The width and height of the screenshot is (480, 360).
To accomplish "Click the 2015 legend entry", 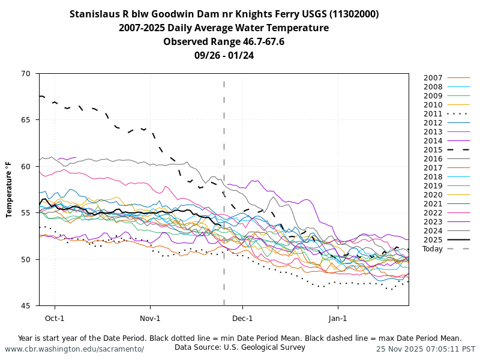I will [x=433, y=150].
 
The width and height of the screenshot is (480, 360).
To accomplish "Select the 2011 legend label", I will [x=433, y=114].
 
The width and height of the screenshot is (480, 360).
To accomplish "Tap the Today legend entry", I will [x=432, y=249].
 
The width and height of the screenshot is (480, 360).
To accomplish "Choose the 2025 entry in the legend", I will [x=433, y=240].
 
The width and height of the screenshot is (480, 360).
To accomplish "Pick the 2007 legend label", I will [x=433, y=78].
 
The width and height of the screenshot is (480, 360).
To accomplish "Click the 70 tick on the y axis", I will [x=25, y=74].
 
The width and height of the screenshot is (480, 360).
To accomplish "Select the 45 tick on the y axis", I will [x=25, y=306].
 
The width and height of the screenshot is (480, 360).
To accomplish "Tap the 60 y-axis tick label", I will [x=25, y=167].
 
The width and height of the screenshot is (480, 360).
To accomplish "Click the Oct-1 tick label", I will [x=55, y=318].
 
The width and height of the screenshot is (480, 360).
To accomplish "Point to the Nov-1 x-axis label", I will [x=150, y=318].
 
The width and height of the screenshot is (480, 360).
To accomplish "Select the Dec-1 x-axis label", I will [x=242, y=318].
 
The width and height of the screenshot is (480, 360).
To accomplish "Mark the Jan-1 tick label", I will [x=338, y=318].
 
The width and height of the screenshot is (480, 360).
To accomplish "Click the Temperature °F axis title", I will [x=10, y=190].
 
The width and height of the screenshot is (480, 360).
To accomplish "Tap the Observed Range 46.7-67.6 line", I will [x=224, y=41].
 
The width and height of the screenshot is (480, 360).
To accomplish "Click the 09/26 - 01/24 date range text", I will [x=224, y=55].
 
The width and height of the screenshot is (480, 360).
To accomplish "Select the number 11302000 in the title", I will [x=351, y=14].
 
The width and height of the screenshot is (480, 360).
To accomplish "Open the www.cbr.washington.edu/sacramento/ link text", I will [x=74, y=349].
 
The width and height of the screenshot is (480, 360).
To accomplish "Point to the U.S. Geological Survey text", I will [x=264, y=347].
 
